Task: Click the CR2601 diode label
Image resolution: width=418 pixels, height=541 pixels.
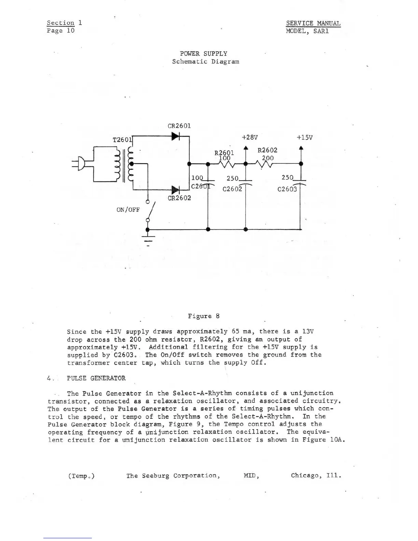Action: pos(179,126)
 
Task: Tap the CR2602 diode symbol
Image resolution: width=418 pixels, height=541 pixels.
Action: pos(175,190)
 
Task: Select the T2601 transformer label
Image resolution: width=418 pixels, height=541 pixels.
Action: pos(122,140)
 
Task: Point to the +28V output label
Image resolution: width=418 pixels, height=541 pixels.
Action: pos(250,137)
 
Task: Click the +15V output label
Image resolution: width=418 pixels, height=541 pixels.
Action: pos(304,137)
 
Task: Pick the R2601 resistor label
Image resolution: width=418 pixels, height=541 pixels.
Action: pos(224,153)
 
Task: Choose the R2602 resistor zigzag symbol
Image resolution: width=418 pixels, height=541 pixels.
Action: pos(265,164)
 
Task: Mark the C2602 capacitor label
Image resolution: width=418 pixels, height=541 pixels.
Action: pos(232,189)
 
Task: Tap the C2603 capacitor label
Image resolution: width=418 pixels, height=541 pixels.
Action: pos(287,189)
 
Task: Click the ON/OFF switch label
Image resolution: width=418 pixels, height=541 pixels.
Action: pos(128,210)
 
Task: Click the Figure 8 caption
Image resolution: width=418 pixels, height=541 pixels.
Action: pos(204,316)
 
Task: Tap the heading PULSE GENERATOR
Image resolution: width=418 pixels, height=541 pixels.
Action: pos(96,378)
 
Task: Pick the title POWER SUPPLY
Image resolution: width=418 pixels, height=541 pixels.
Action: pos(204,54)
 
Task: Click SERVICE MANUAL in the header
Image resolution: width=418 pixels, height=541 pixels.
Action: pos(313,23)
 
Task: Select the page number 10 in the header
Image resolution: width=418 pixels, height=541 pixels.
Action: pos(70,31)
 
